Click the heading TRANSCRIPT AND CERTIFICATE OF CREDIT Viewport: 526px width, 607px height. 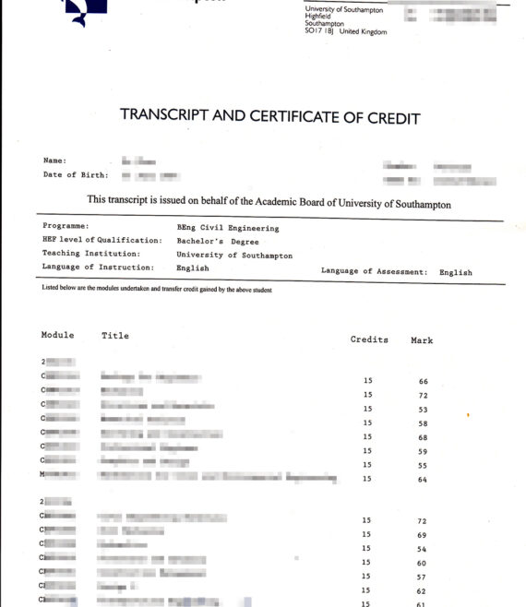[x=269, y=117]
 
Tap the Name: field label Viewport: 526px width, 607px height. [x=54, y=160]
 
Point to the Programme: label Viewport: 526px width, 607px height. [x=66, y=226]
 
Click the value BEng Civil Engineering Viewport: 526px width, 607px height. [x=227, y=227]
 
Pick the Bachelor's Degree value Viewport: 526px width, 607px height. [x=218, y=241]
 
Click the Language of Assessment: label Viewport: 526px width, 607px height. [x=374, y=272]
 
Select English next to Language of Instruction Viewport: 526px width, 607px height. [x=193, y=268]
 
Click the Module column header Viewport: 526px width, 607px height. [x=57, y=335]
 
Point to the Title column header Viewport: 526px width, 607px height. [x=115, y=335]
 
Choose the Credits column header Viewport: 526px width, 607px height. [x=369, y=339]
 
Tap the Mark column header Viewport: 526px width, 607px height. [x=422, y=340]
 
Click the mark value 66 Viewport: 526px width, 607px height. [x=423, y=381]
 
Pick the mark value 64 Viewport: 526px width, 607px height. [x=422, y=479]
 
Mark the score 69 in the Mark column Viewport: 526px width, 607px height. [x=422, y=534]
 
